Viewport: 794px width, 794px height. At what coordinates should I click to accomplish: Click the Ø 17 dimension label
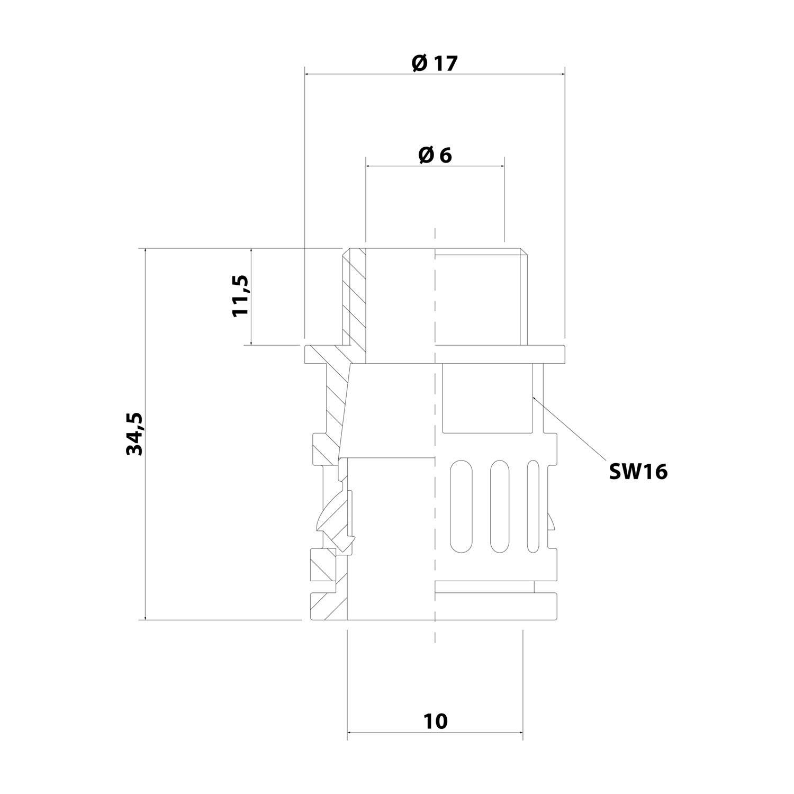(x=434, y=64)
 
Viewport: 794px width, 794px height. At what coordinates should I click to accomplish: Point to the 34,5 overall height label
(x=134, y=434)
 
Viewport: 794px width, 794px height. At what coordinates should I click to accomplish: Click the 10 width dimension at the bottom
(x=436, y=721)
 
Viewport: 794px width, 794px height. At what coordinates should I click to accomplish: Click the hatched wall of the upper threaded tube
(x=354, y=296)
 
